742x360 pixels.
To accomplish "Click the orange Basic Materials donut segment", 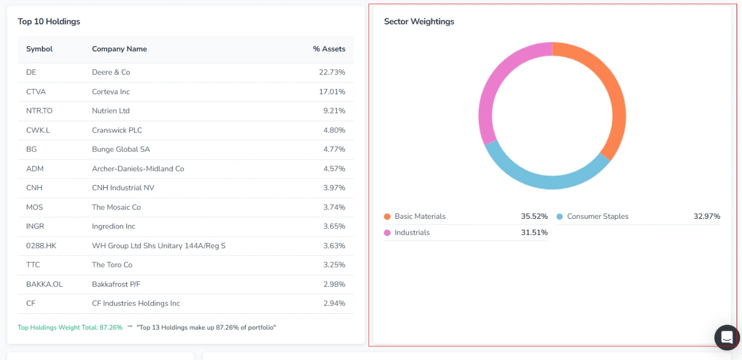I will (617, 98).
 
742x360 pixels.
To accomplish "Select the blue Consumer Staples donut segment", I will (549, 181).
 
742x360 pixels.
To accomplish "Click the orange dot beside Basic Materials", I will (387, 217).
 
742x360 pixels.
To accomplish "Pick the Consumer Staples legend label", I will (598, 217).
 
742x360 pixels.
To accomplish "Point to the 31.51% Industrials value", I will (534, 233).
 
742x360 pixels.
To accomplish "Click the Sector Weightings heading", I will (419, 22).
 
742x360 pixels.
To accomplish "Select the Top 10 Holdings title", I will (49, 22).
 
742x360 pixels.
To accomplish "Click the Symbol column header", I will (39, 49).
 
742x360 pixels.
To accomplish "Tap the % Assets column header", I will (329, 49).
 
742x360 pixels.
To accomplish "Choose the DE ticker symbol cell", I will (31, 72).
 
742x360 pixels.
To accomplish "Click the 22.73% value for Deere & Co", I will (332, 72).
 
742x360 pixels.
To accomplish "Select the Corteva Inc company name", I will (111, 92).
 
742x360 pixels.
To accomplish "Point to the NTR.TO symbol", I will (39, 111).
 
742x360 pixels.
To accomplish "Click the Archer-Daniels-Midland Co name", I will (138, 169).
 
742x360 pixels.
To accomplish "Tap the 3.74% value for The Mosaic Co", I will (334, 207).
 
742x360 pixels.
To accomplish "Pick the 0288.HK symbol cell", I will (41, 246).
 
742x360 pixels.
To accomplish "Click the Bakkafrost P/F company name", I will (116, 285).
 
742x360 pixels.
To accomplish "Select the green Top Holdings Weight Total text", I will (70, 328).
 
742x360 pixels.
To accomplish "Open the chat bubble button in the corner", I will (727, 338).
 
